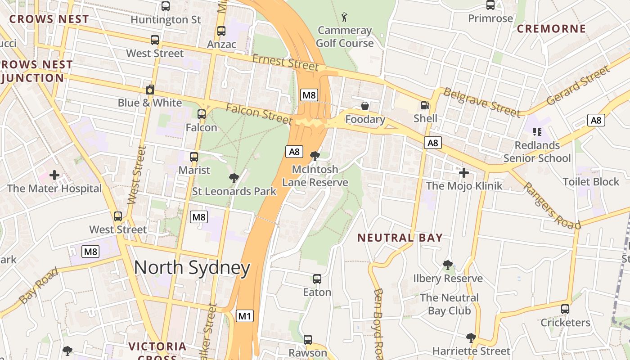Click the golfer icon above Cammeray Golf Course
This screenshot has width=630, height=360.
tap(345, 17)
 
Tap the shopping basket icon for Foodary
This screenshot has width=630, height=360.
tap(365, 106)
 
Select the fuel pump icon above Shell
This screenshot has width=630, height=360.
tap(425, 105)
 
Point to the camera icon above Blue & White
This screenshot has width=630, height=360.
tap(150, 90)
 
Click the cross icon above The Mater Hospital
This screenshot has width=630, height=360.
tap(54, 175)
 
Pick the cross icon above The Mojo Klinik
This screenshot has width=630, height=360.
tap(464, 172)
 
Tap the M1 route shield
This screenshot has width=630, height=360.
tap(244, 316)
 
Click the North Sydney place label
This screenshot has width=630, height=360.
tap(192, 268)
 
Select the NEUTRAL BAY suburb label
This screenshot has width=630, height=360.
tap(400, 238)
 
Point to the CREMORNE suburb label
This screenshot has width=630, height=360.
tap(551, 29)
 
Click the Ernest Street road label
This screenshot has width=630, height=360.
tap(285, 62)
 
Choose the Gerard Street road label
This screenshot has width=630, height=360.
tap(578, 85)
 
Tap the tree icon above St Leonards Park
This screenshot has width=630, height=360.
tap(234, 178)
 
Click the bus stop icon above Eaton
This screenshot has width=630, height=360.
tap(317, 279)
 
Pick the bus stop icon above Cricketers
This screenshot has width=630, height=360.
tap(565, 309)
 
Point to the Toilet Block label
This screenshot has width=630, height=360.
tap(591, 182)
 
